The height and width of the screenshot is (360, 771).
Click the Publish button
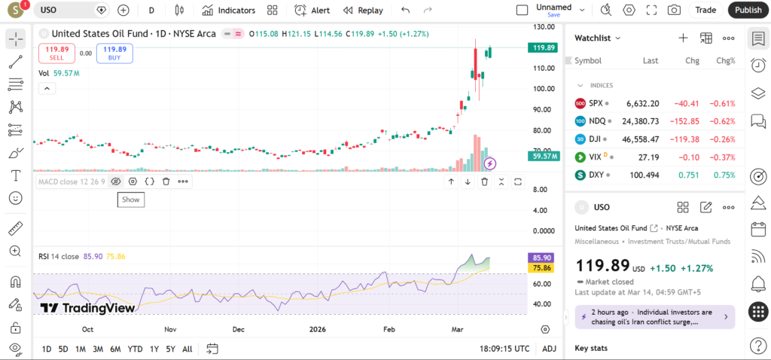[748, 10]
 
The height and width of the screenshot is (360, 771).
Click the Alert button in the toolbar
[312, 11]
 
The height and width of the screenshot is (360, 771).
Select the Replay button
[363, 11]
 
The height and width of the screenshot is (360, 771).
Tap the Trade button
[705, 10]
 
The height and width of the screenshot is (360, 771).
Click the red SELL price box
[56, 53]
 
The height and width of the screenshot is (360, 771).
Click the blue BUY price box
[114, 53]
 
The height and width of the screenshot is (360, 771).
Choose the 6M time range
[115, 349]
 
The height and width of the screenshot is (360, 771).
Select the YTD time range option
[136, 349]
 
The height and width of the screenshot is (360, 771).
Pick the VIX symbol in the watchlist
[595, 157]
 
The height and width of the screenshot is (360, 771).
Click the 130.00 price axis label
[544, 26]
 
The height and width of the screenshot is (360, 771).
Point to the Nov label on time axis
[170, 329]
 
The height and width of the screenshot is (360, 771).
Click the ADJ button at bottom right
[550, 349]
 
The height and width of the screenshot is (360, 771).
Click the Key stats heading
[591, 348]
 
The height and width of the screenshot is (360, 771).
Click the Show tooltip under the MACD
[130, 200]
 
